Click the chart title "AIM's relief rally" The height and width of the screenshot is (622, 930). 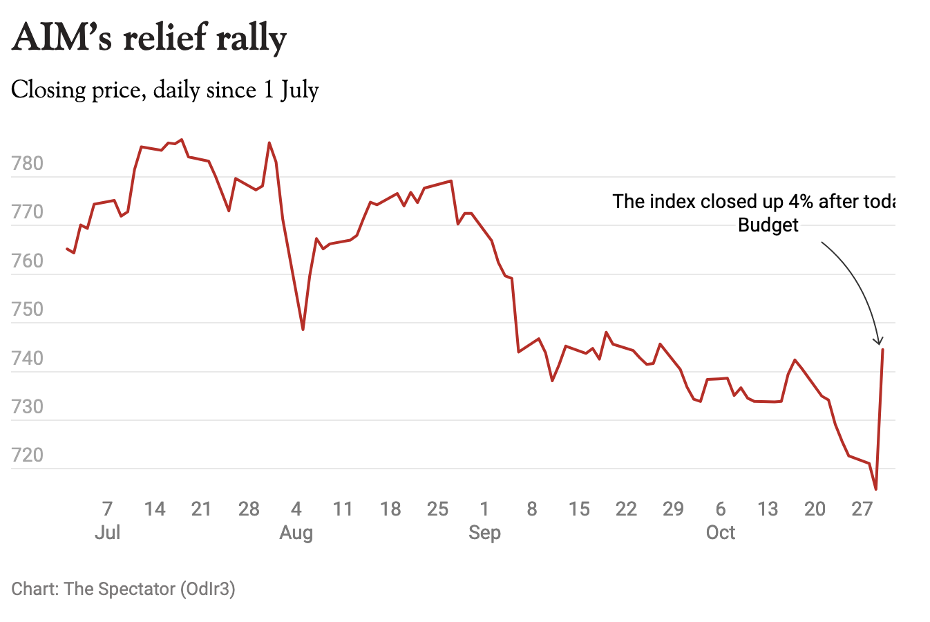[x=149, y=37]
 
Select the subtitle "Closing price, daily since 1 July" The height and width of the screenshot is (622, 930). [x=165, y=90]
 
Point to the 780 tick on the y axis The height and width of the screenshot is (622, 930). [x=28, y=164]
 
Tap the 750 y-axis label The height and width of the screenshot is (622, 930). [x=28, y=310]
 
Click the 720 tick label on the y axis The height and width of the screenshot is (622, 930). [x=28, y=455]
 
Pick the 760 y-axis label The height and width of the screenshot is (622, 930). [x=28, y=261]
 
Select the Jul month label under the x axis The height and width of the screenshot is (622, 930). [x=108, y=533]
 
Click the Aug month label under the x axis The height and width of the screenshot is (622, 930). [x=296, y=533]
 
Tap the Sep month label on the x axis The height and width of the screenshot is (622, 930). [x=484, y=533]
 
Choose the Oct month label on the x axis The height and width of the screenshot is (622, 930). [x=721, y=533]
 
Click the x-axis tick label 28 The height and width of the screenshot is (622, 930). [x=249, y=509]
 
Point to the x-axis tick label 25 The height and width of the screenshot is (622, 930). [x=437, y=509]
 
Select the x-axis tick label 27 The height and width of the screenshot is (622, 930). [x=862, y=509]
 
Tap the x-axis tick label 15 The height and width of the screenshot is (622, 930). [x=579, y=509]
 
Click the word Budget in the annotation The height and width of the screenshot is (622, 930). [x=768, y=225]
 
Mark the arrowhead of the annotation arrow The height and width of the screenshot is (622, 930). [x=879, y=341]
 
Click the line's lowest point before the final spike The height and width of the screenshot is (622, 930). [x=876, y=489]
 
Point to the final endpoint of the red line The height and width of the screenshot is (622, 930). [x=883, y=350]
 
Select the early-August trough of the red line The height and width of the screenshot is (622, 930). [x=303, y=329]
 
